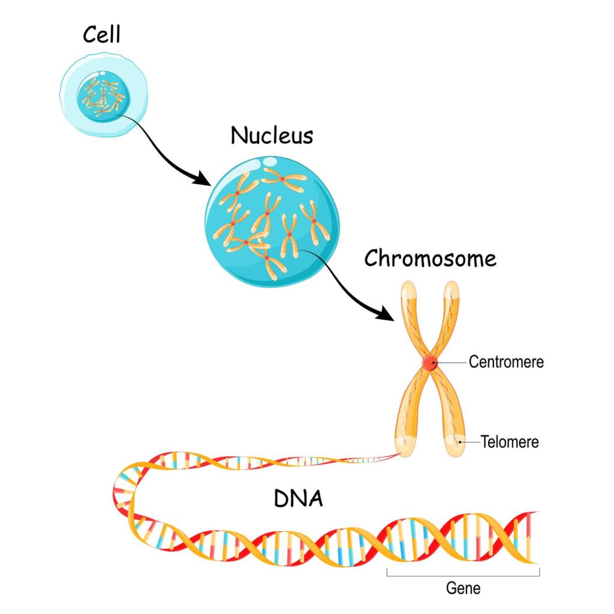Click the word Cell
pyautogui.click(x=102, y=35)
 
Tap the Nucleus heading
pyautogui.click(x=272, y=136)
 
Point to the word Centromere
pyautogui.click(x=506, y=362)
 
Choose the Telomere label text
pyautogui.click(x=510, y=443)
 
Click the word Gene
pyautogui.click(x=463, y=588)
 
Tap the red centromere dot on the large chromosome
pyautogui.click(x=430, y=363)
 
